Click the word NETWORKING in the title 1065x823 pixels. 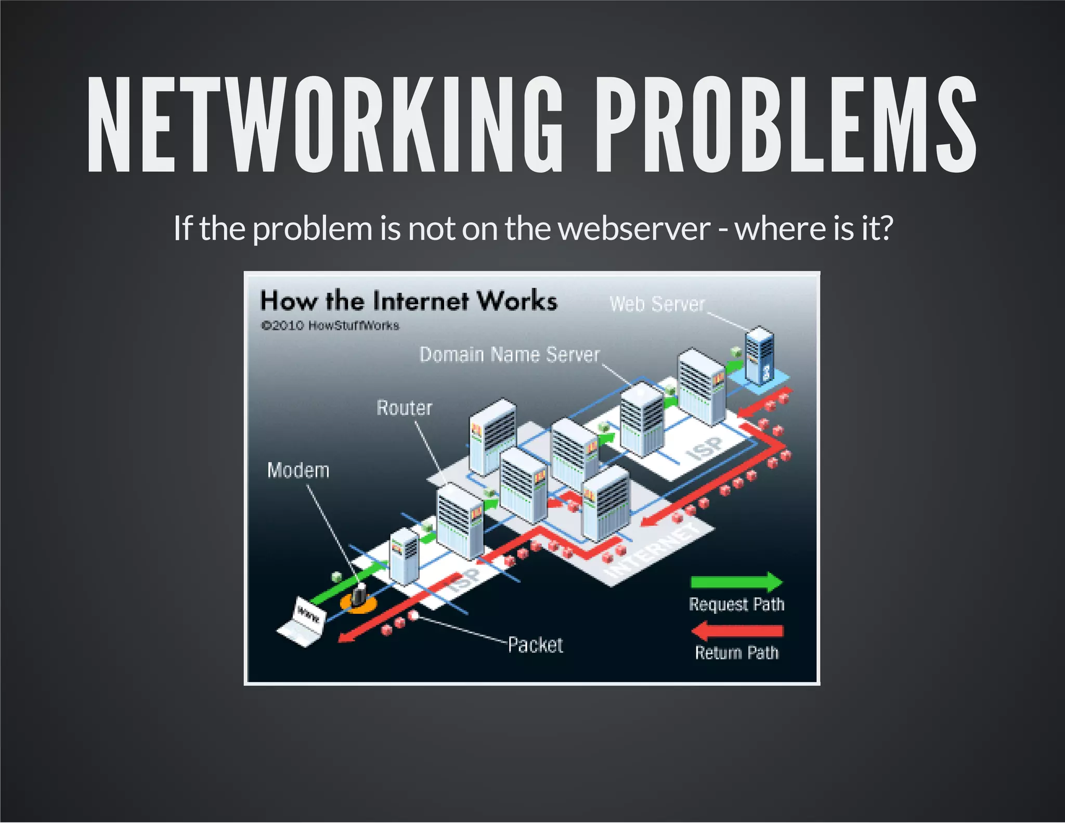coord(325,125)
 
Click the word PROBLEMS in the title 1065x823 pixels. coord(785,125)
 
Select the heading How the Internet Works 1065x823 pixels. coord(409,301)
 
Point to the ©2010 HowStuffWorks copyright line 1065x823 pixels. coord(330,326)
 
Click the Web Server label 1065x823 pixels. coord(657,304)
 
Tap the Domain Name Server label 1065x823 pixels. coord(510,355)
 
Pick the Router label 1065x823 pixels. coord(404,408)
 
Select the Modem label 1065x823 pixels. coord(298,470)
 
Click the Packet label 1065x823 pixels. coord(535,645)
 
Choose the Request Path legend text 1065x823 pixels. coord(736,605)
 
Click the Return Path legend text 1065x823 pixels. coord(737,652)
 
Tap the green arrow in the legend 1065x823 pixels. coord(736,581)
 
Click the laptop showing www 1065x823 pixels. coord(304,622)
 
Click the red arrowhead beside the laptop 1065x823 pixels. coord(348,637)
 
